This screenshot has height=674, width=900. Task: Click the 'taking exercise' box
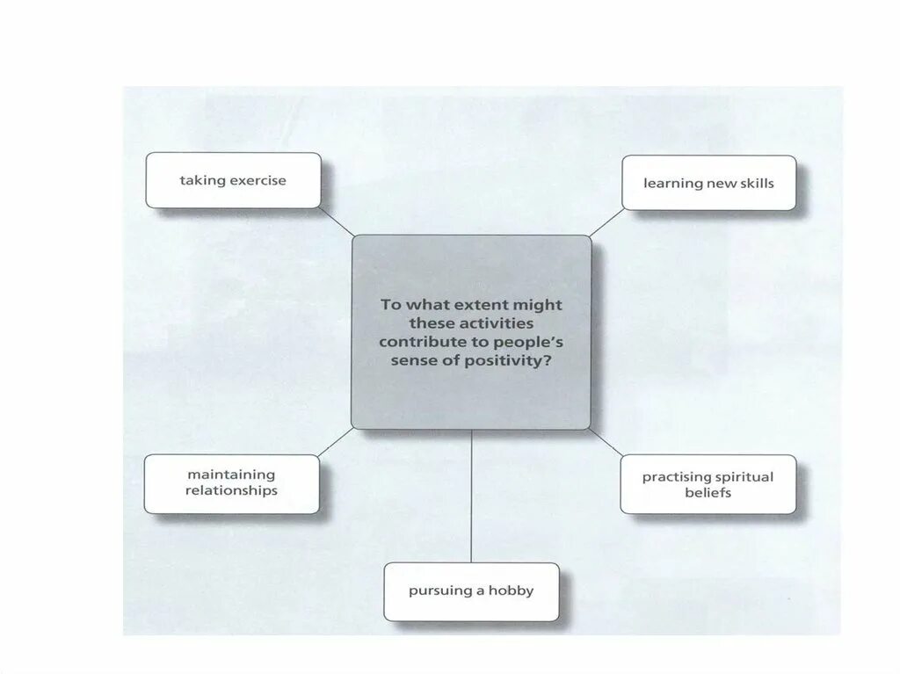pyautogui.click(x=233, y=180)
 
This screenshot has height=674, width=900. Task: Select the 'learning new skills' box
pyautogui.click(x=708, y=183)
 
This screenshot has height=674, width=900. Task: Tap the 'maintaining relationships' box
pyautogui.click(x=231, y=483)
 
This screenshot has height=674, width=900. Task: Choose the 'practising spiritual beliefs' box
pyautogui.click(x=708, y=484)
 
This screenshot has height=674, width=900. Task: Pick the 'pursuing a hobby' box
pyautogui.click(x=471, y=591)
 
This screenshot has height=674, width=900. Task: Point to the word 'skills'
pyautogui.click(x=754, y=183)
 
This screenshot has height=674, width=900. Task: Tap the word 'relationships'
pyautogui.click(x=231, y=491)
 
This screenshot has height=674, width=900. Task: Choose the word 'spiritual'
pyautogui.click(x=744, y=477)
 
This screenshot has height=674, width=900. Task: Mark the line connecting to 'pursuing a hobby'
pyautogui.click(x=471, y=496)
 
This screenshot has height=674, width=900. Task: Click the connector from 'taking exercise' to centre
pyautogui.click(x=337, y=221)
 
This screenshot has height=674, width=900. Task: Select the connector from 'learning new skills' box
pyautogui.click(x=606, y=223)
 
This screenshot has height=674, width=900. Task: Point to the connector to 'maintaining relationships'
pyautogui.click(x=336, y=442)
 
